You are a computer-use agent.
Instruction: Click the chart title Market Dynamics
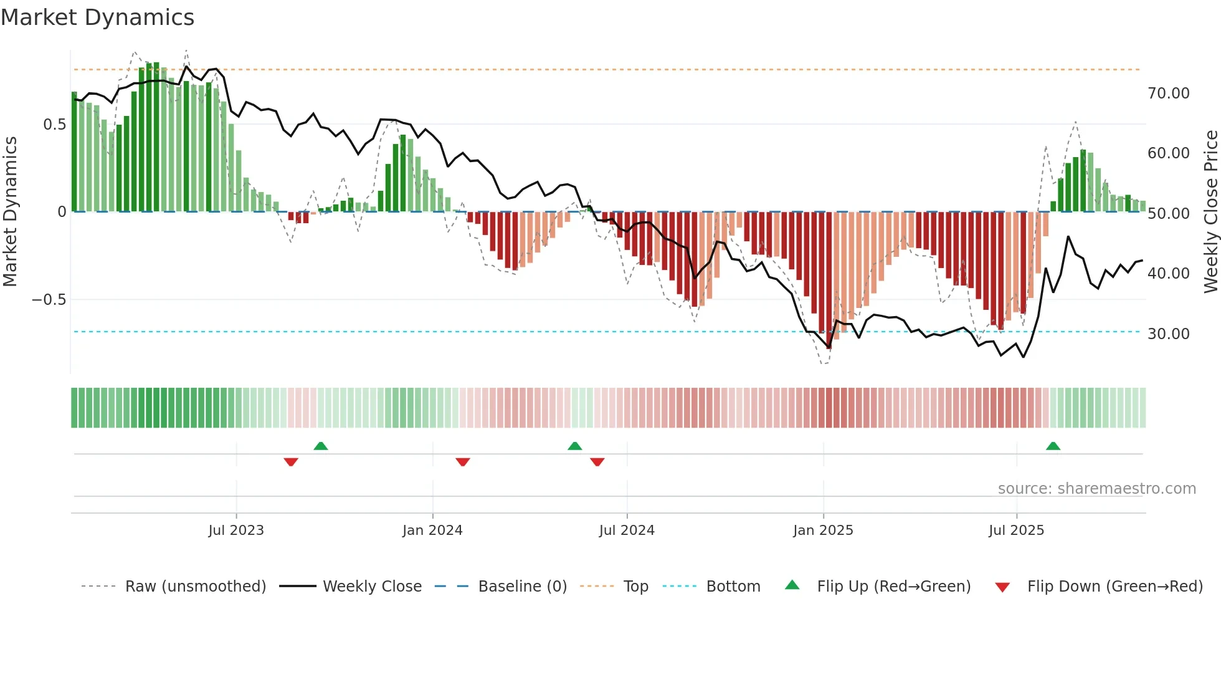click(97, 17)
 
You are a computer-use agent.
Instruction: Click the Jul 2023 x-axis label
click(236, 531)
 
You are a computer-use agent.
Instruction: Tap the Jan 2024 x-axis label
click(432, 531)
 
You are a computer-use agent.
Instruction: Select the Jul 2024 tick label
click(627, 531)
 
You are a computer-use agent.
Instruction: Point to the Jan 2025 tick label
click(823, 531)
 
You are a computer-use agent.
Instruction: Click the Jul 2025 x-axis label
click(1016, 531)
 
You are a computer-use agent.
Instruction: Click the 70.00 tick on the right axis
click(1168, 94)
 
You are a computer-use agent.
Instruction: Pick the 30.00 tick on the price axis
click(1168, 334)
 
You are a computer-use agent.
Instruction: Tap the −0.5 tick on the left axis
click(49, 300)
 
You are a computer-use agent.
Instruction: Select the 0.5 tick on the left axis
click(54, 125)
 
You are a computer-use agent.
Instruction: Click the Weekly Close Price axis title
click(1210, 211)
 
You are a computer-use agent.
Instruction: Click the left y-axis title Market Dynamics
click(10, 211)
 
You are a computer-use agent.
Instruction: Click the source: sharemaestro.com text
click(1096, 489)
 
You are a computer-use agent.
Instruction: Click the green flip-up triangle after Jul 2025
click(1053, 446)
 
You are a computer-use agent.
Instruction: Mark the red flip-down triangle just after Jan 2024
click(462, 462)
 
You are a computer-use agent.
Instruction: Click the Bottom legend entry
click(733, 587)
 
